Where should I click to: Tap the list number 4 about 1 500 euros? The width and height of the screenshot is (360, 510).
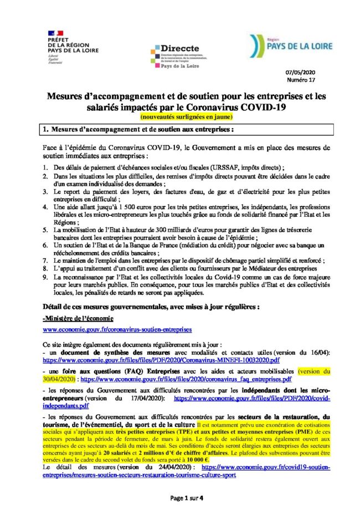click(45, 206)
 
